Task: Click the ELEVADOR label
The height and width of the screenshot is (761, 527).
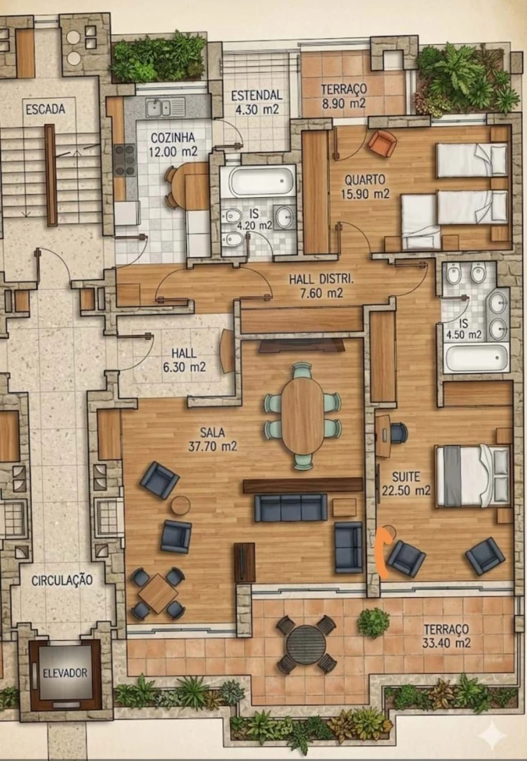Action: click(65, 673)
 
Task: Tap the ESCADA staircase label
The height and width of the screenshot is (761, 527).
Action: click(45, 109)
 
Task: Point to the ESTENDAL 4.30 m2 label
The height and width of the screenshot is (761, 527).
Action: click(256, 101)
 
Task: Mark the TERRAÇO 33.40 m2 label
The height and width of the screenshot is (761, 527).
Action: click(446, 635)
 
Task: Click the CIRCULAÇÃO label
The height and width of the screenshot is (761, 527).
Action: click(62, 580)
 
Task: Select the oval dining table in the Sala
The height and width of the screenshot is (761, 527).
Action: click(302, 416)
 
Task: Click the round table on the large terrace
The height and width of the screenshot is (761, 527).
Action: click(306, 645)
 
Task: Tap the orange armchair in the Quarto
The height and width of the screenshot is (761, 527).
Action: click(382, 143)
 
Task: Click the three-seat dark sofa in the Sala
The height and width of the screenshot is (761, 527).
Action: click(291, 507)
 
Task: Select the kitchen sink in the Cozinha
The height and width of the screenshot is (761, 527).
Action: click(166, 108)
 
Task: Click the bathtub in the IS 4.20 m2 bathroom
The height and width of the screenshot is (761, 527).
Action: click(262, 181)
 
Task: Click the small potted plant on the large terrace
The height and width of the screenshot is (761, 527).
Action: click(374, 622)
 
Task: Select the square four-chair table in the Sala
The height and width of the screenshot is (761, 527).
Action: click(158, 593)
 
